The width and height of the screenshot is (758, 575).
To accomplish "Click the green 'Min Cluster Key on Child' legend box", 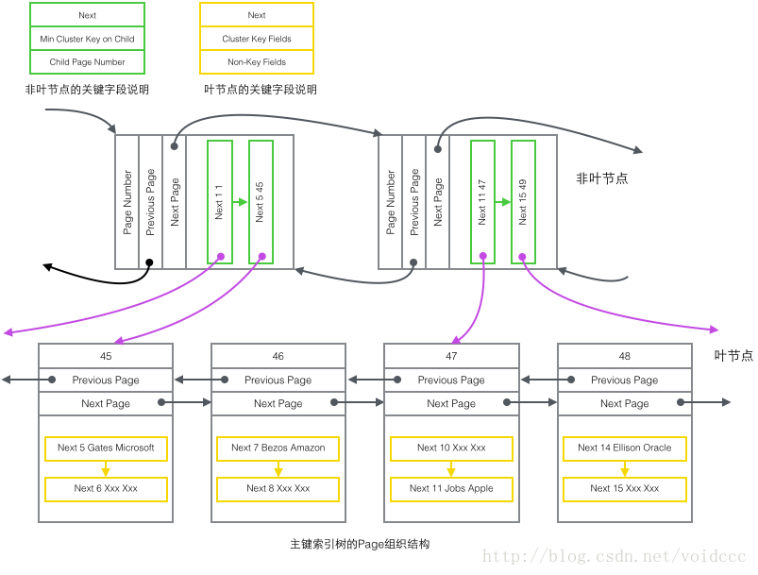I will coord(87,39).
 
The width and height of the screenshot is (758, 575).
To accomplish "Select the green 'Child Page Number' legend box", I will coord(87,62).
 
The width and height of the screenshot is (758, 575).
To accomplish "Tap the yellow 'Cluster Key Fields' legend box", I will coord(257,39).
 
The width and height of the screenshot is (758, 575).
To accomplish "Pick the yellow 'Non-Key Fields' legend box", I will coord(257,62).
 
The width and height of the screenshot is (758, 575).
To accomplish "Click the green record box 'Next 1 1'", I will coord(219,201).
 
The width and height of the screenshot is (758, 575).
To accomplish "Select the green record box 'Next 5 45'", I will coord(261,201).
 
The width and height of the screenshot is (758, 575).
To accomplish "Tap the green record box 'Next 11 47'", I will coord(482,201).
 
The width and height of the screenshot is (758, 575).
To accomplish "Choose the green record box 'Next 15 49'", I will coord(523,201).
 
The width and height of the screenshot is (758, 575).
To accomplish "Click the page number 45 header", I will coord(106,356).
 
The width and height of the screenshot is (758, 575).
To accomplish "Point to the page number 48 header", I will coord(625,356).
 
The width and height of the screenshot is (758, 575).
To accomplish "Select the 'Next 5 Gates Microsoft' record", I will coord(106,448).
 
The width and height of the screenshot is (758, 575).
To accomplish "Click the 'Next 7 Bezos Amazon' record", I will coord(278,448).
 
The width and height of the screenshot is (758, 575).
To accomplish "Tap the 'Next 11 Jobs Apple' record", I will coord(451,489).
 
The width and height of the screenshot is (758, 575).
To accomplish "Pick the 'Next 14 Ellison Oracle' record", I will coord(625,448).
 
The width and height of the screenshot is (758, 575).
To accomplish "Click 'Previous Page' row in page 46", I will coord(278,380).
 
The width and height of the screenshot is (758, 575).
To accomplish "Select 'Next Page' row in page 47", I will coord(451,403).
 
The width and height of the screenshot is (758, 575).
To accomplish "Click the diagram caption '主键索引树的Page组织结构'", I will coord(360,545).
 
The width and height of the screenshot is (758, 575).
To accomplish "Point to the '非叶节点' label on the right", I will coord(601,178).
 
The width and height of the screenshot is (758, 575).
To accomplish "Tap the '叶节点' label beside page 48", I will coord(733,356).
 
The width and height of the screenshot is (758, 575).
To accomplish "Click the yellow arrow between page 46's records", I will coord(278,468).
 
